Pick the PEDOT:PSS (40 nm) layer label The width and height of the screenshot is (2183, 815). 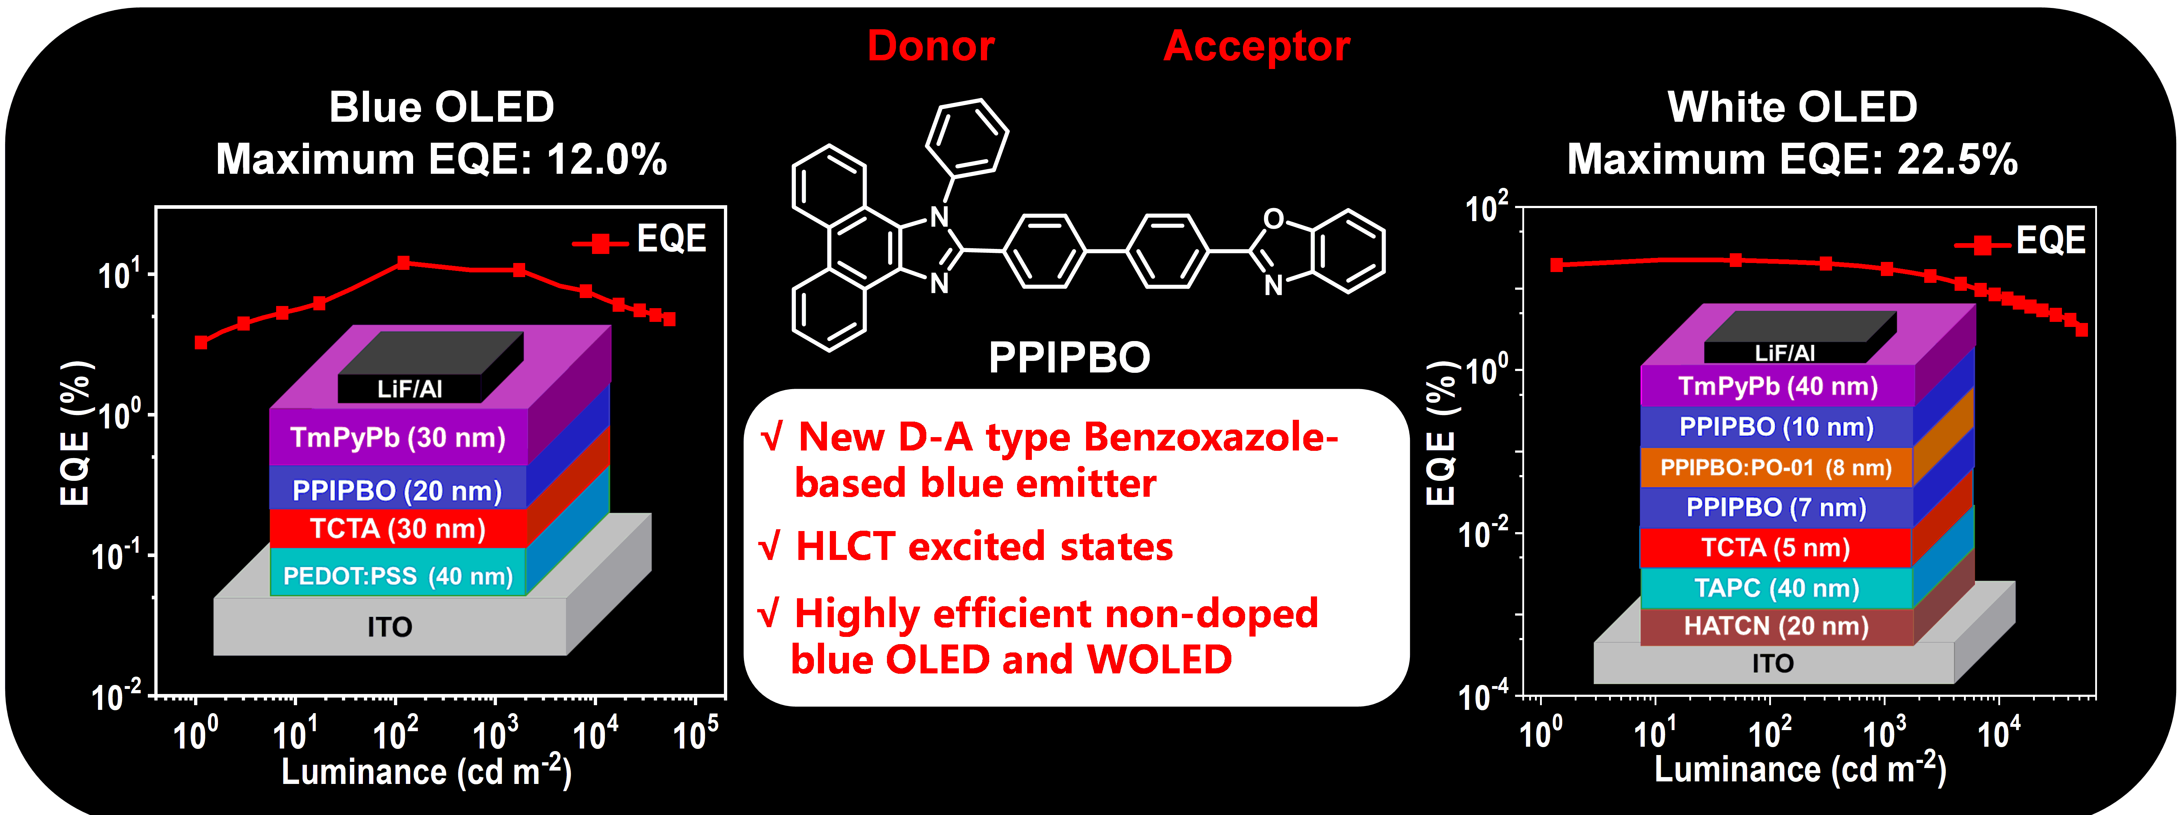coord(398,576)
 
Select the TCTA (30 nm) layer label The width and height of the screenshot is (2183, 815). coord(398,529)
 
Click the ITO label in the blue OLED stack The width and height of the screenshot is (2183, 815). coord(390,627)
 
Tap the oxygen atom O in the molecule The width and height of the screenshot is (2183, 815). coord(1273,219)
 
